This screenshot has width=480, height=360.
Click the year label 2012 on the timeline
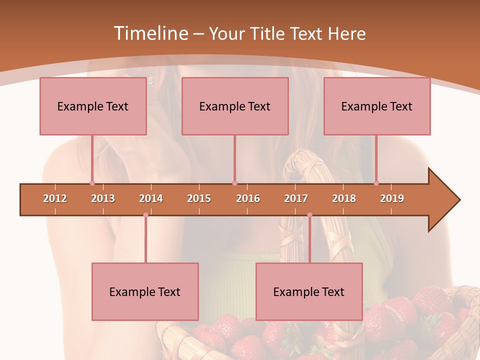click(x=55, y=198)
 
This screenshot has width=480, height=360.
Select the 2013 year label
click(x=103, y=198)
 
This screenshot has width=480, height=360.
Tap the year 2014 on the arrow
click(x=151, y=198)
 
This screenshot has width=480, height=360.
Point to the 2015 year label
click(x=199, y=198)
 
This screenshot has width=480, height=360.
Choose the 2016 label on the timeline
click(x=248, y=198)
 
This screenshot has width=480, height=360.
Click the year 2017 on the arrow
click(x=296, y=198)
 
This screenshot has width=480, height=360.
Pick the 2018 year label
click(x=344, y=198)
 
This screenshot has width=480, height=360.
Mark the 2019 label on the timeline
click(x=392, y=198)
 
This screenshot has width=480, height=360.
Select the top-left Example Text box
click(x=93, y=106)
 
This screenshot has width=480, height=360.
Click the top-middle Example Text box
click(x=235, y=106)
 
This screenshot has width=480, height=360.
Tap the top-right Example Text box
click(x=377, y=106)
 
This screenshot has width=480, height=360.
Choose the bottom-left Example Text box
click(x=145, y=291)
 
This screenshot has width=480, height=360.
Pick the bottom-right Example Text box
click(x=309, y=291)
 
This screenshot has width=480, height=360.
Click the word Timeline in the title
click(x=150, y=33)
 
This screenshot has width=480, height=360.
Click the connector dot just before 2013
click(x=92, y=183)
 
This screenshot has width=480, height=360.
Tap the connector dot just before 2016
click(x=234, y=183)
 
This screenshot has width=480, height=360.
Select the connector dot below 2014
click(x=145, y=215)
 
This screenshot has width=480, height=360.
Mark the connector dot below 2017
click(x=309, y=215)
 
